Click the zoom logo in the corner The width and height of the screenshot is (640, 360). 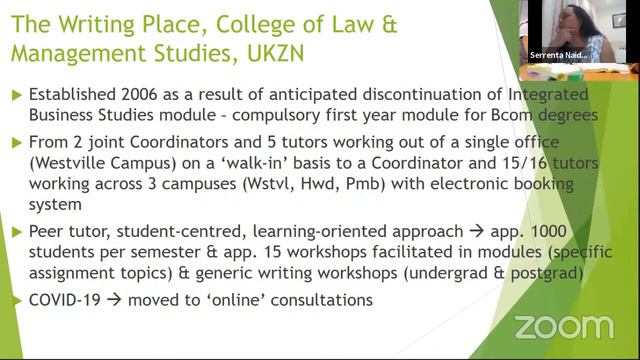[x=563, y=326]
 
